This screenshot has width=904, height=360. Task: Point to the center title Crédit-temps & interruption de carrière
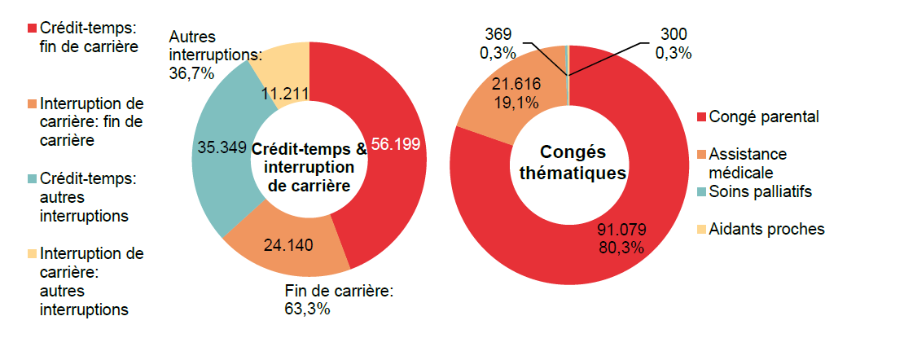point(309,168)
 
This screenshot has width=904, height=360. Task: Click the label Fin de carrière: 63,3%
point(339,300)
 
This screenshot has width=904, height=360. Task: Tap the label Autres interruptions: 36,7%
point(214,55)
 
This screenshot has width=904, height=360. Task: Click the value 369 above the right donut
point(498,34)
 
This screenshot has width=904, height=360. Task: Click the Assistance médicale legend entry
point(748,163)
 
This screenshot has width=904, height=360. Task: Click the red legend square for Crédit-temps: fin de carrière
point(32,28)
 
